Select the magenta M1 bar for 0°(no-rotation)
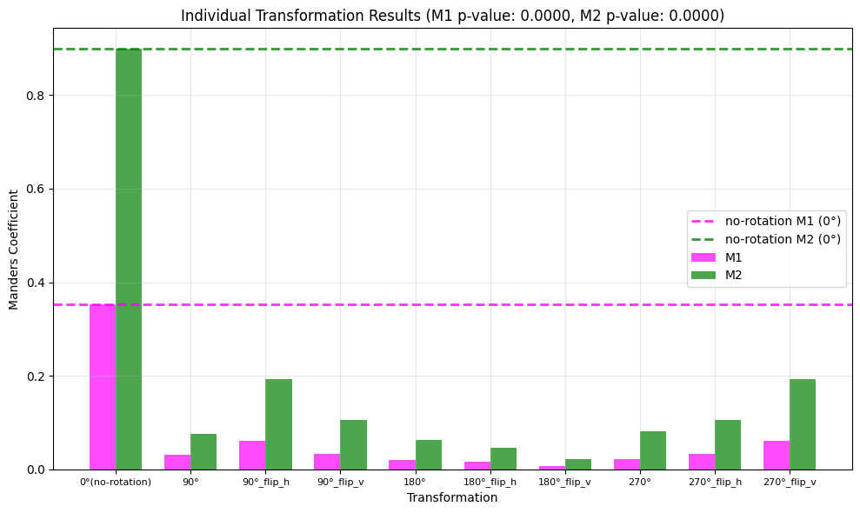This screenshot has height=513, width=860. tap(103, 387)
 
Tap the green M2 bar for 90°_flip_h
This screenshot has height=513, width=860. tap(278, 424)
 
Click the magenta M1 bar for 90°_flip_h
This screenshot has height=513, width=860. tap(252, 455)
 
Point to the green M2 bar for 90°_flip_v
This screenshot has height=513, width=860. tap(353, 444)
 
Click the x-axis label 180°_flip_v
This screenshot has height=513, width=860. tap(564, 482)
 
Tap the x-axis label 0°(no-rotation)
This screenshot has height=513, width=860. tap(116, 482)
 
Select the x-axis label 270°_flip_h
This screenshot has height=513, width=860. tap(715, 482)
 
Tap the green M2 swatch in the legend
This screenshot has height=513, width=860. tap(703, 275)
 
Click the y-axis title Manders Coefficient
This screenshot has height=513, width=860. tap(14, 249)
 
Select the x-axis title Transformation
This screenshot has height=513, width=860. tap(452, 498)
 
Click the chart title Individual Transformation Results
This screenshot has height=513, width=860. tap(452, 16)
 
